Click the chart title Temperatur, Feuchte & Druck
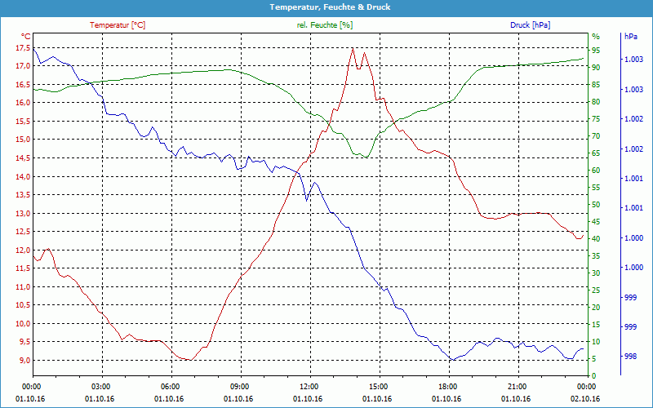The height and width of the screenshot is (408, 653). click(x=326, y=7)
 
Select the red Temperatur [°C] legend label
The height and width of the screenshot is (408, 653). click(x=118, y=25)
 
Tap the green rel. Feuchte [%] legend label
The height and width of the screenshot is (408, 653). click(x=325, y=25)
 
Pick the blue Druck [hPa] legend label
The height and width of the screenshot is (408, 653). click(x=530, y=25)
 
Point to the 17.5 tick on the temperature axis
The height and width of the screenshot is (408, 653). click(x=22, y=47)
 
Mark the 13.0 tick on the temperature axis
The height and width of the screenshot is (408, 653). click(x=22, y=214)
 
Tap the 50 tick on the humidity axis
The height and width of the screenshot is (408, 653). click(x=596, y=205)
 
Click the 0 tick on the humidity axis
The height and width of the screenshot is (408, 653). click(x=594, y=376)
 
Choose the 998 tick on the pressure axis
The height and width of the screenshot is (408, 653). click(x=630, y=357)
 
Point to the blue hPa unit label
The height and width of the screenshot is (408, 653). click(x=630, y=37)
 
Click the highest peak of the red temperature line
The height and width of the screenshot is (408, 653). click(x=353, y=48)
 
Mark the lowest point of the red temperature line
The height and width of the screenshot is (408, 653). click(x=189, y=360)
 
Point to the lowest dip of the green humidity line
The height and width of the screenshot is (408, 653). click(x=365, y=157)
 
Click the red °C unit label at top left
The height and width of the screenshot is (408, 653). click(x=25, y=37)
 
